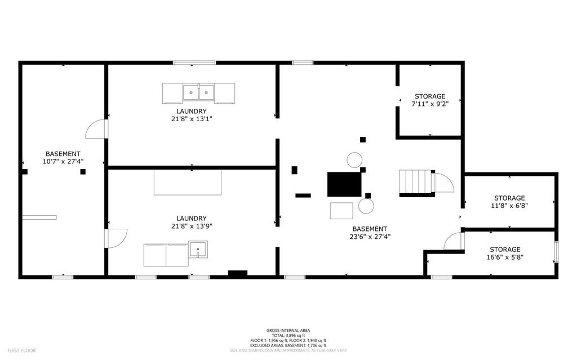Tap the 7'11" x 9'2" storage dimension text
point(430,104)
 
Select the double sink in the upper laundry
point(199,92)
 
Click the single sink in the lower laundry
point(198,249)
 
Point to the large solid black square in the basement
point(344,184)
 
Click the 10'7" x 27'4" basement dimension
point(63,161)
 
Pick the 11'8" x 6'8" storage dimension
point(509,206)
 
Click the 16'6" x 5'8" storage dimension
point(505,257)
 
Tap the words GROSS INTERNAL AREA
point(288,331)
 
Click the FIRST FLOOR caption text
point(22,350)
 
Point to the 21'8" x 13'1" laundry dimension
point(192,119)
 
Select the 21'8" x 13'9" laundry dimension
point(192,226)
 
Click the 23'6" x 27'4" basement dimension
point(370,237)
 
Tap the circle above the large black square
point(354,160)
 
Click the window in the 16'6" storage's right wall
point(556,252)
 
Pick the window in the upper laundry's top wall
point(194,63)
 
